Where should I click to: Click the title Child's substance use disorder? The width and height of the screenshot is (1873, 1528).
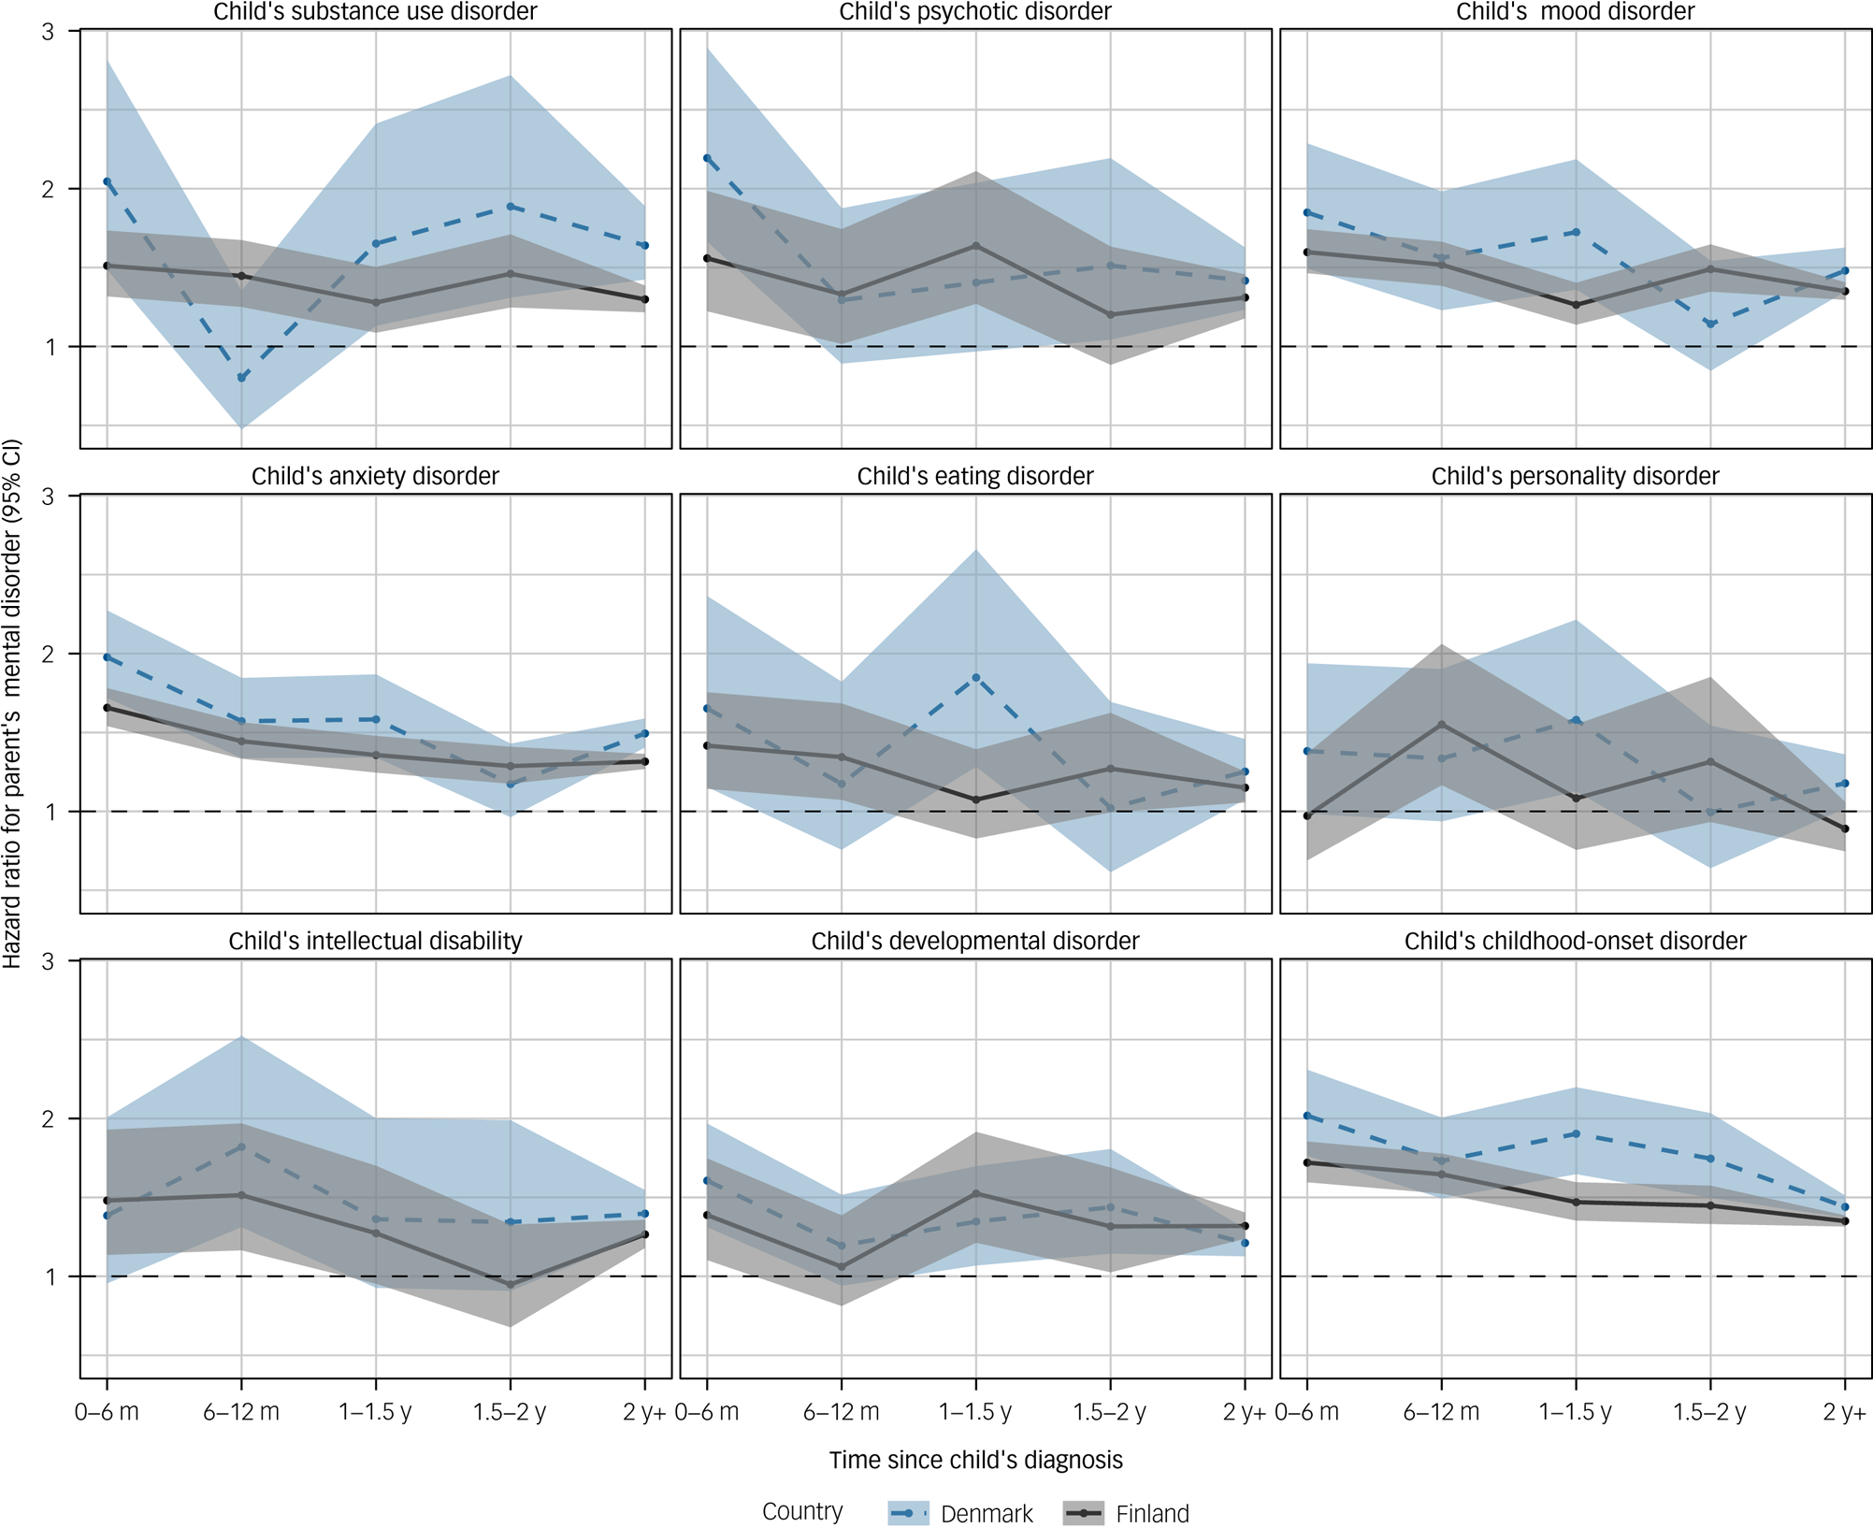[375, 12]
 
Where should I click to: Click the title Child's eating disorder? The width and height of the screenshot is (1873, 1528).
[974, 476]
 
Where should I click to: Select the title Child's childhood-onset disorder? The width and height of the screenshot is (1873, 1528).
[1575, 941]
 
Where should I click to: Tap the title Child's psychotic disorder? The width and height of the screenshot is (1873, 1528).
[974, 12]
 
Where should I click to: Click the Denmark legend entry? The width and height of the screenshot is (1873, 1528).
[961, 1513]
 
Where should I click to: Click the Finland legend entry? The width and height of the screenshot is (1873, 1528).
[1127, 1513]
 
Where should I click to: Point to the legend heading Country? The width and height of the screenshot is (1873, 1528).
[801, 1511]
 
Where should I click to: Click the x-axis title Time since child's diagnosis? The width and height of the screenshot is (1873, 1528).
[974, 1460]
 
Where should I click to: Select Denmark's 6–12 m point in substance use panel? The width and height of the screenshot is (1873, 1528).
[241, 378]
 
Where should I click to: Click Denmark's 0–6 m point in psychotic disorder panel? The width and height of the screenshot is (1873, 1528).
[707, 158]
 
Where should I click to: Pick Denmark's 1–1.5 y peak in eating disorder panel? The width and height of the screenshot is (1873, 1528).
[976, 677]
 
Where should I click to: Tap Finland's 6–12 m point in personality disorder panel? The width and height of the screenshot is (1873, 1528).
[1441, 724]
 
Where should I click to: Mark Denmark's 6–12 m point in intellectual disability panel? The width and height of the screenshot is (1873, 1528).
[241, 1146]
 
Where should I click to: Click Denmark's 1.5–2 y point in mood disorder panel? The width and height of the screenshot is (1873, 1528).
[1710, 324]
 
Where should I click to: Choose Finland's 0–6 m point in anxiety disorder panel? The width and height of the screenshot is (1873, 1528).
[107, 708]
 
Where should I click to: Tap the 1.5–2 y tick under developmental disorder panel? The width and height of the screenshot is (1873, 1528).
[1110, 1412]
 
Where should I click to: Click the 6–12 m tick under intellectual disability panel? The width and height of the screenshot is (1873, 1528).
[241, 1412]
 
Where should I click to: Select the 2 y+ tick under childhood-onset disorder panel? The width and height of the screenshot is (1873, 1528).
[1844, 1412]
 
